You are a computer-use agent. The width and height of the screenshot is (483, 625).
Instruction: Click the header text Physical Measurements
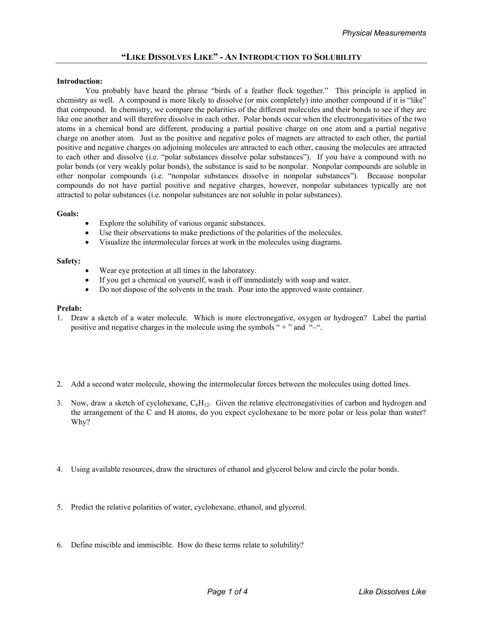click(384, 33)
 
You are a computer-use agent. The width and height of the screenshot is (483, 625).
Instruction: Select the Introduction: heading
click(80, 81)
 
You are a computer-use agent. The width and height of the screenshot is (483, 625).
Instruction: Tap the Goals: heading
click(68, 214)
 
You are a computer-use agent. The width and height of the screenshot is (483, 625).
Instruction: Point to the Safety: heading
click(69, 261)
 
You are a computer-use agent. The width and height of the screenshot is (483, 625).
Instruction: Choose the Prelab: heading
click(69, 309)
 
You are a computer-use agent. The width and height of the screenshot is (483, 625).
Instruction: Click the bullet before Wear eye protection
click(88, 271)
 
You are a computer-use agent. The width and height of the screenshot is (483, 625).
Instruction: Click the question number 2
click(59, 384)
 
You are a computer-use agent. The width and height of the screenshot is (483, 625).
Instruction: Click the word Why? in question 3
click(80, 422)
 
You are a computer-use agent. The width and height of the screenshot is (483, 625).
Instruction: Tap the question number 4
click(59, 469)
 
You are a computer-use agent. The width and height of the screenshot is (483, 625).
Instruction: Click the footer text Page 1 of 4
click(227, 592)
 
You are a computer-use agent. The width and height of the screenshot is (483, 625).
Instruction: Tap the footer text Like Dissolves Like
click(392, 592)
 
